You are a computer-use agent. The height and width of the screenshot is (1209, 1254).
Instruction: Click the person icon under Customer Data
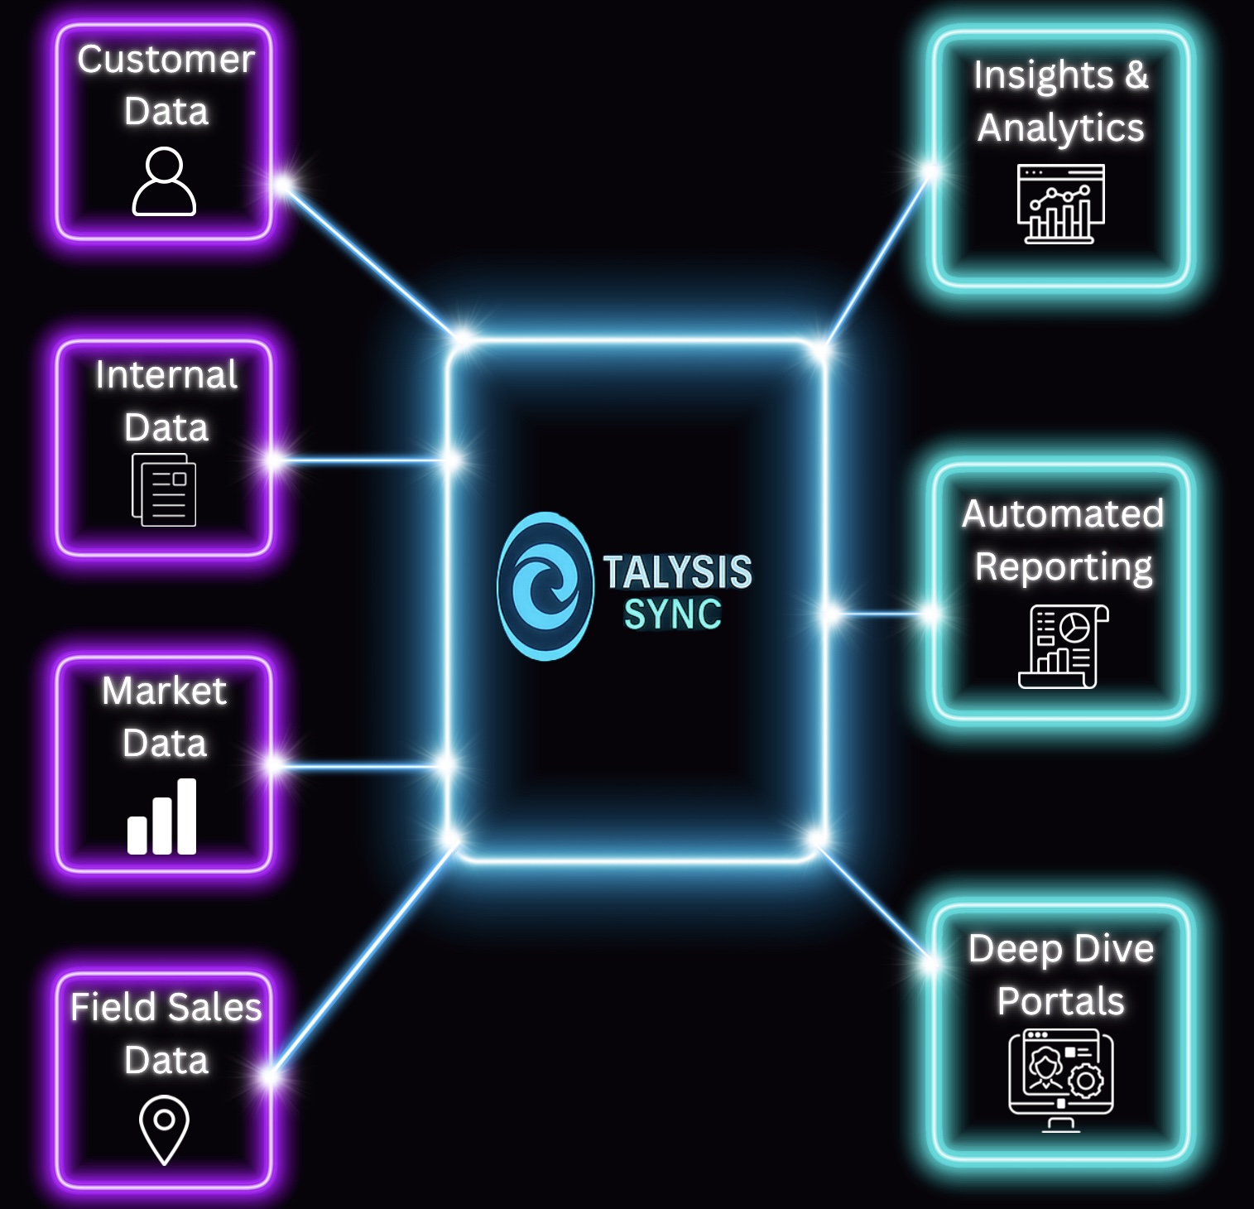(x=164, y=181)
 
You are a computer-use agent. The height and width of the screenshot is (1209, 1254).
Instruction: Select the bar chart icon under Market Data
(x=162, y=816)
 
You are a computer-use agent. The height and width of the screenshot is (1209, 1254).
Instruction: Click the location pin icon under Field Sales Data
(x=164, y=1129)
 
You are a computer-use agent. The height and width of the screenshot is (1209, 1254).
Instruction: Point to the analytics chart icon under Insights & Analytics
(x=1060, y=204)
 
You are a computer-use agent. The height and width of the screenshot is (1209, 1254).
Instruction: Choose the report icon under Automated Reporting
(x=1063, y=646)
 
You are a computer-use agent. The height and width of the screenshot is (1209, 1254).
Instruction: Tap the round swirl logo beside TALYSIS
(x=545, y=585)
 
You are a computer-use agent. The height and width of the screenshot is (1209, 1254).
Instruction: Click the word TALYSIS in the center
(x=677, y=571)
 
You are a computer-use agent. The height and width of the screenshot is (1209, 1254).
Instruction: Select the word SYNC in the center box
(x=672, y=614)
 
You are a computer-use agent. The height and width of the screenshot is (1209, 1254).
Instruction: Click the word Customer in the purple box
(x=166, y=60)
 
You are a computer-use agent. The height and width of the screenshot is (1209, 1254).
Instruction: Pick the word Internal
(x=166, y=375)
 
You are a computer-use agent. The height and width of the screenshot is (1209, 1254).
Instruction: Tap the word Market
(x=164, y=691)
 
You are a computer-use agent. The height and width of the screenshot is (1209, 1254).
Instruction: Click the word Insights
(x=1043, y=76)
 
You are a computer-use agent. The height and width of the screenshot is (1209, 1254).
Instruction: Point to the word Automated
(x=1063, y=513)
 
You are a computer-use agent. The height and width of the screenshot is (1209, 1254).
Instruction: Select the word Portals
(x=1060, y=1001)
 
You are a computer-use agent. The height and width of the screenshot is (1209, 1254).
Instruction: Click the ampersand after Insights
(x=1136, y=75)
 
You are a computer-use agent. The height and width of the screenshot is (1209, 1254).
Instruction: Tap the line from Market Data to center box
(x=361, y=767)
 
